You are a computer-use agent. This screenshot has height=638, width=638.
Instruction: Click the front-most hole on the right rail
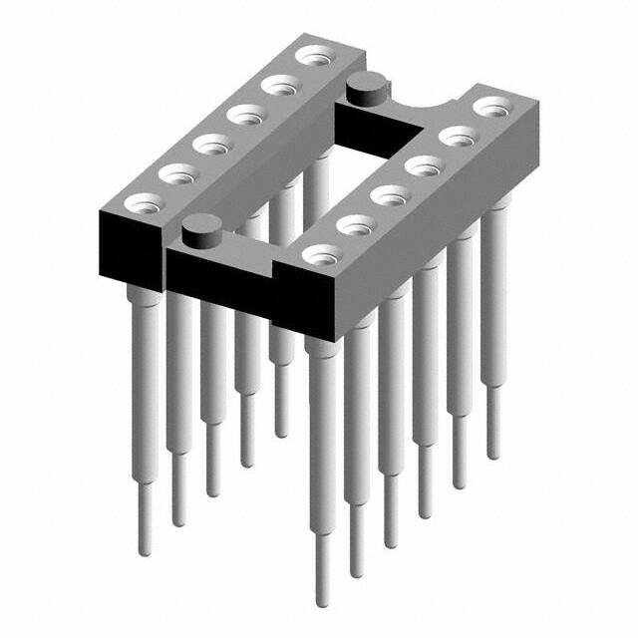pos(318,254)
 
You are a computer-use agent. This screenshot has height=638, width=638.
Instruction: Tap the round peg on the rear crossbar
pos(366,88)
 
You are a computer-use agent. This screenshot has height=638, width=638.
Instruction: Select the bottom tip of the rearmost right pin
pos(492,455)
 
